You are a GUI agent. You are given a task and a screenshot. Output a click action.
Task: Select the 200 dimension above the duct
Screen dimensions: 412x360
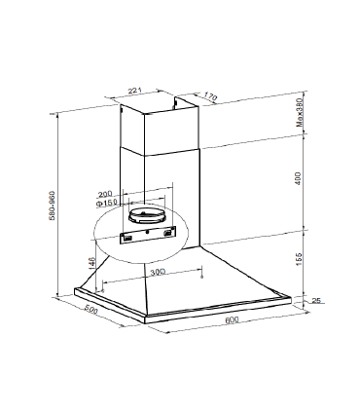[x=106, y=194]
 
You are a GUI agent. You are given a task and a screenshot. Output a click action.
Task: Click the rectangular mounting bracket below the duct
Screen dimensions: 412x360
[x=145, y=234]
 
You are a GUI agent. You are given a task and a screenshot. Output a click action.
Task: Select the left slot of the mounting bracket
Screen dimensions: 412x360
[x=126, y=235]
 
